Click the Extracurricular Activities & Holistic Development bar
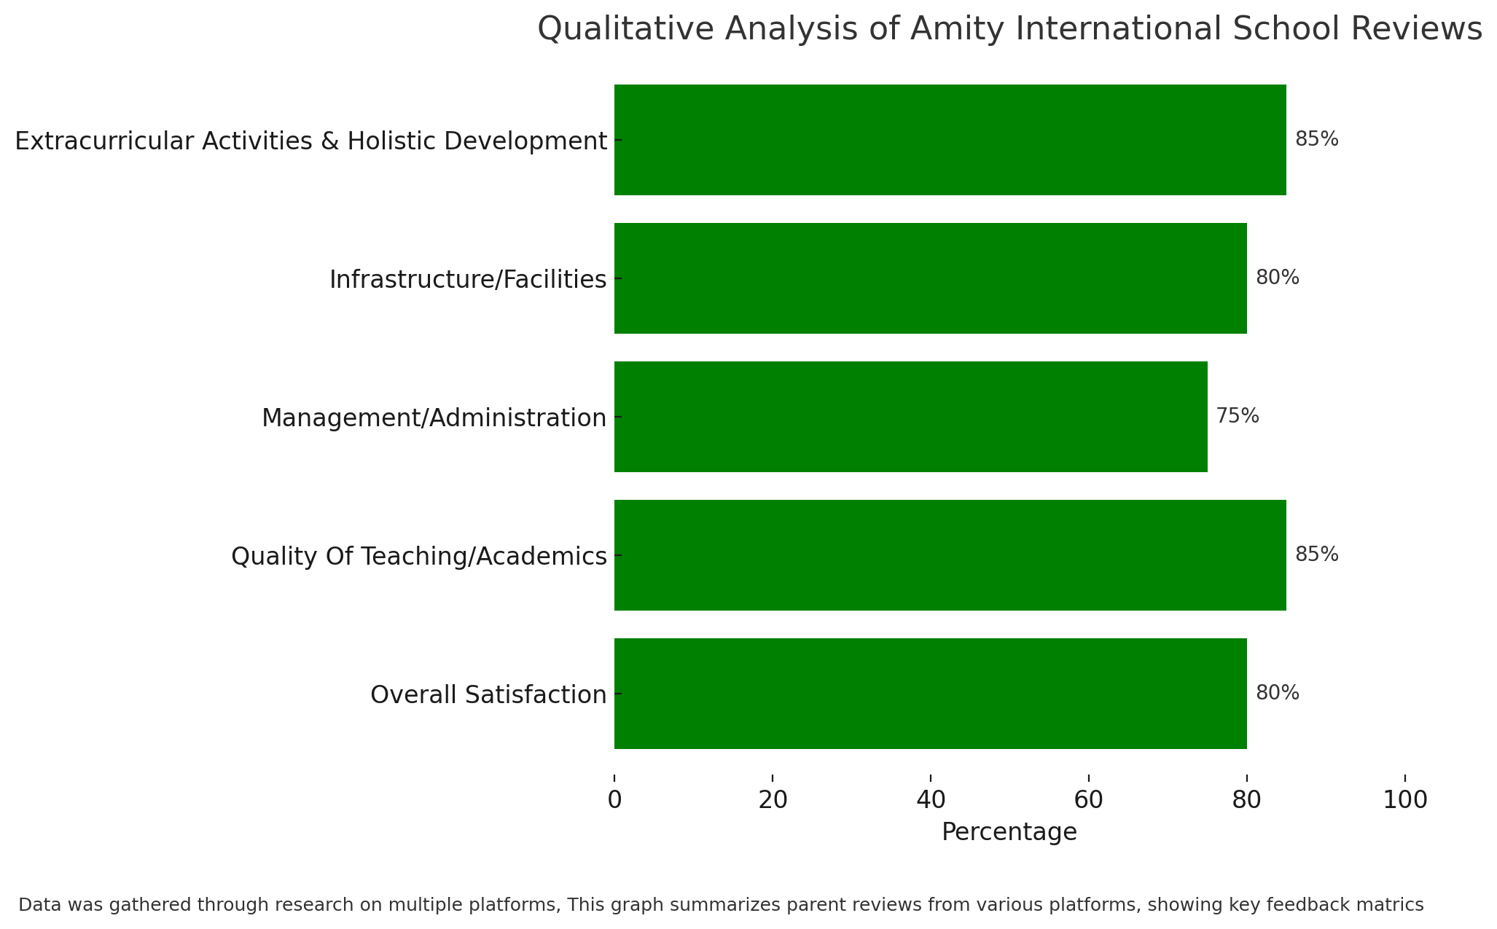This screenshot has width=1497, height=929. pos(950,140)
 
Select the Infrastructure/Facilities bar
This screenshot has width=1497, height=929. pos(930,278)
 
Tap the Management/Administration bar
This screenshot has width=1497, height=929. pos(910,417)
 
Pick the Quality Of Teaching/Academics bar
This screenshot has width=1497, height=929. pos(950,555)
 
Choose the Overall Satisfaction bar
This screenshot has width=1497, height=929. pos(930,694)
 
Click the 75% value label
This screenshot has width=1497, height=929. pos(1238,416)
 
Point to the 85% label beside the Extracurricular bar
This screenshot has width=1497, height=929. pos(1317,139)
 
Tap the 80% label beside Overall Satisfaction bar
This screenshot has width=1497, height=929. pos(1278,693)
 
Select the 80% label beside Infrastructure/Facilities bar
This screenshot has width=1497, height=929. pos(1278,278)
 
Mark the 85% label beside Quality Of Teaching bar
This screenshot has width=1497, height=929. pos(1317,554)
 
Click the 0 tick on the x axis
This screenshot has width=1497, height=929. pos(614,800)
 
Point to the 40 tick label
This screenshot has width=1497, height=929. pos(931,800)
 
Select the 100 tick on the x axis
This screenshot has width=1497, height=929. pos(1405,800)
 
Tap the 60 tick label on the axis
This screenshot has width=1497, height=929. pos(1089,800)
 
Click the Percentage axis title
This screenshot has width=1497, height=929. pos(1009,832)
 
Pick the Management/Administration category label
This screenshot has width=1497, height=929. pos(434,418)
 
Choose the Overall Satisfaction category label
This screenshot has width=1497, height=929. pos(488,695)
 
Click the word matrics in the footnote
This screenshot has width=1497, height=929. pos(1393,905)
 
